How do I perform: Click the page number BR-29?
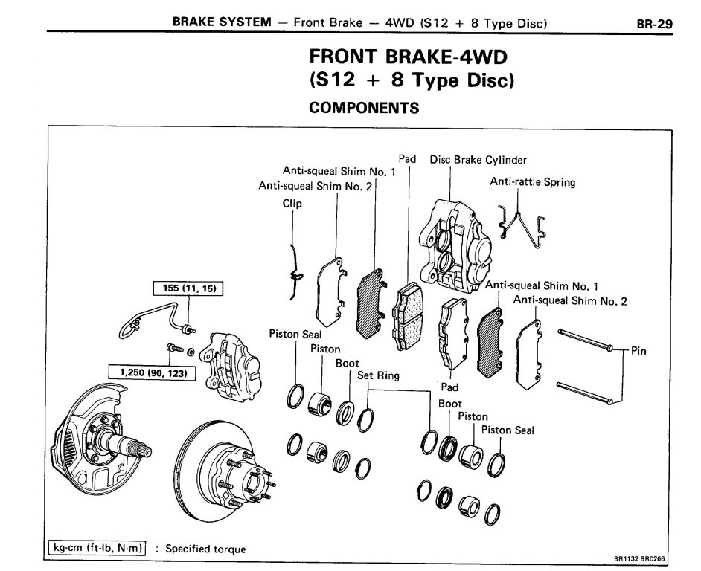(x=654, y=23)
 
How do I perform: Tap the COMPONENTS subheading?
(x=364, y=108)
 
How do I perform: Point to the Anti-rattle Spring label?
(x=532, y=182)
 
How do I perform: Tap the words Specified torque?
(x=205, y=549)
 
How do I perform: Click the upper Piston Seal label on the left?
(x=295, y=335)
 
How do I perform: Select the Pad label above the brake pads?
(x=408, y=159)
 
